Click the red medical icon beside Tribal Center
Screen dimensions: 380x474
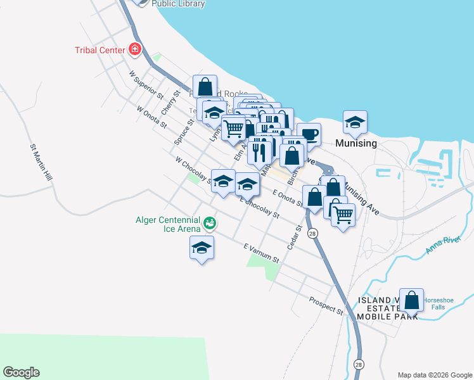point(134,49)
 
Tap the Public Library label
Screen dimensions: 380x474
point(178,4)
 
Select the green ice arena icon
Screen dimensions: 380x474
point(209,223)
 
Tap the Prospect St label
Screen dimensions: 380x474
point(326,307)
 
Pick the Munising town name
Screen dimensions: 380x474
point(357,143)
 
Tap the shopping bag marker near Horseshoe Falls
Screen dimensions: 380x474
point(412,300)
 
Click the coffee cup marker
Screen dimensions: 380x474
point(309,134)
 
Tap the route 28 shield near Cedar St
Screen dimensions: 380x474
point(312,234)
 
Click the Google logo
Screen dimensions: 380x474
point(21,372)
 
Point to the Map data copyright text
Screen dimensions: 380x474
point(434,375)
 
